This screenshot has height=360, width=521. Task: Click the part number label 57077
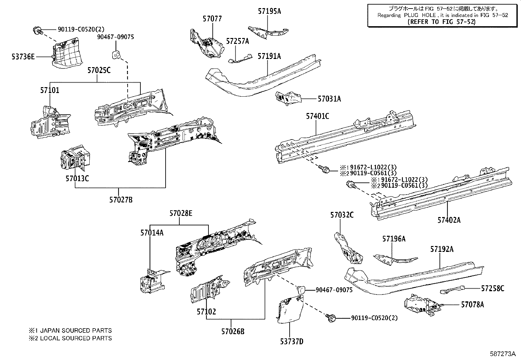(x=212, y=19)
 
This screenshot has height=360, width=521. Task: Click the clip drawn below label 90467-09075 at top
(x=116, y=55)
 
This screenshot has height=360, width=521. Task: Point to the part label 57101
(x=50, y=90)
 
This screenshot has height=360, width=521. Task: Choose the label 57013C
(x=77, y=179)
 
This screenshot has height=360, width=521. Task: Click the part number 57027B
(x=121, y=199)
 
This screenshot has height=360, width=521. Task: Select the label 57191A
(x=269, y=56)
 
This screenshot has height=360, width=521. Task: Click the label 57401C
(x=317, y=116)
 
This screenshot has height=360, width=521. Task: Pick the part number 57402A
(x=449, y=220)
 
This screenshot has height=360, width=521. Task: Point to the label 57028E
(x=181, y=214)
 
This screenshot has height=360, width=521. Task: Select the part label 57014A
(x=152, y=233)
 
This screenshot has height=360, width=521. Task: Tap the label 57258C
(x=493, y=288)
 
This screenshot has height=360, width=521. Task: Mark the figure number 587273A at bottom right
(x=503, y=354)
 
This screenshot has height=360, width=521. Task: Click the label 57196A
(x=394, y=239)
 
